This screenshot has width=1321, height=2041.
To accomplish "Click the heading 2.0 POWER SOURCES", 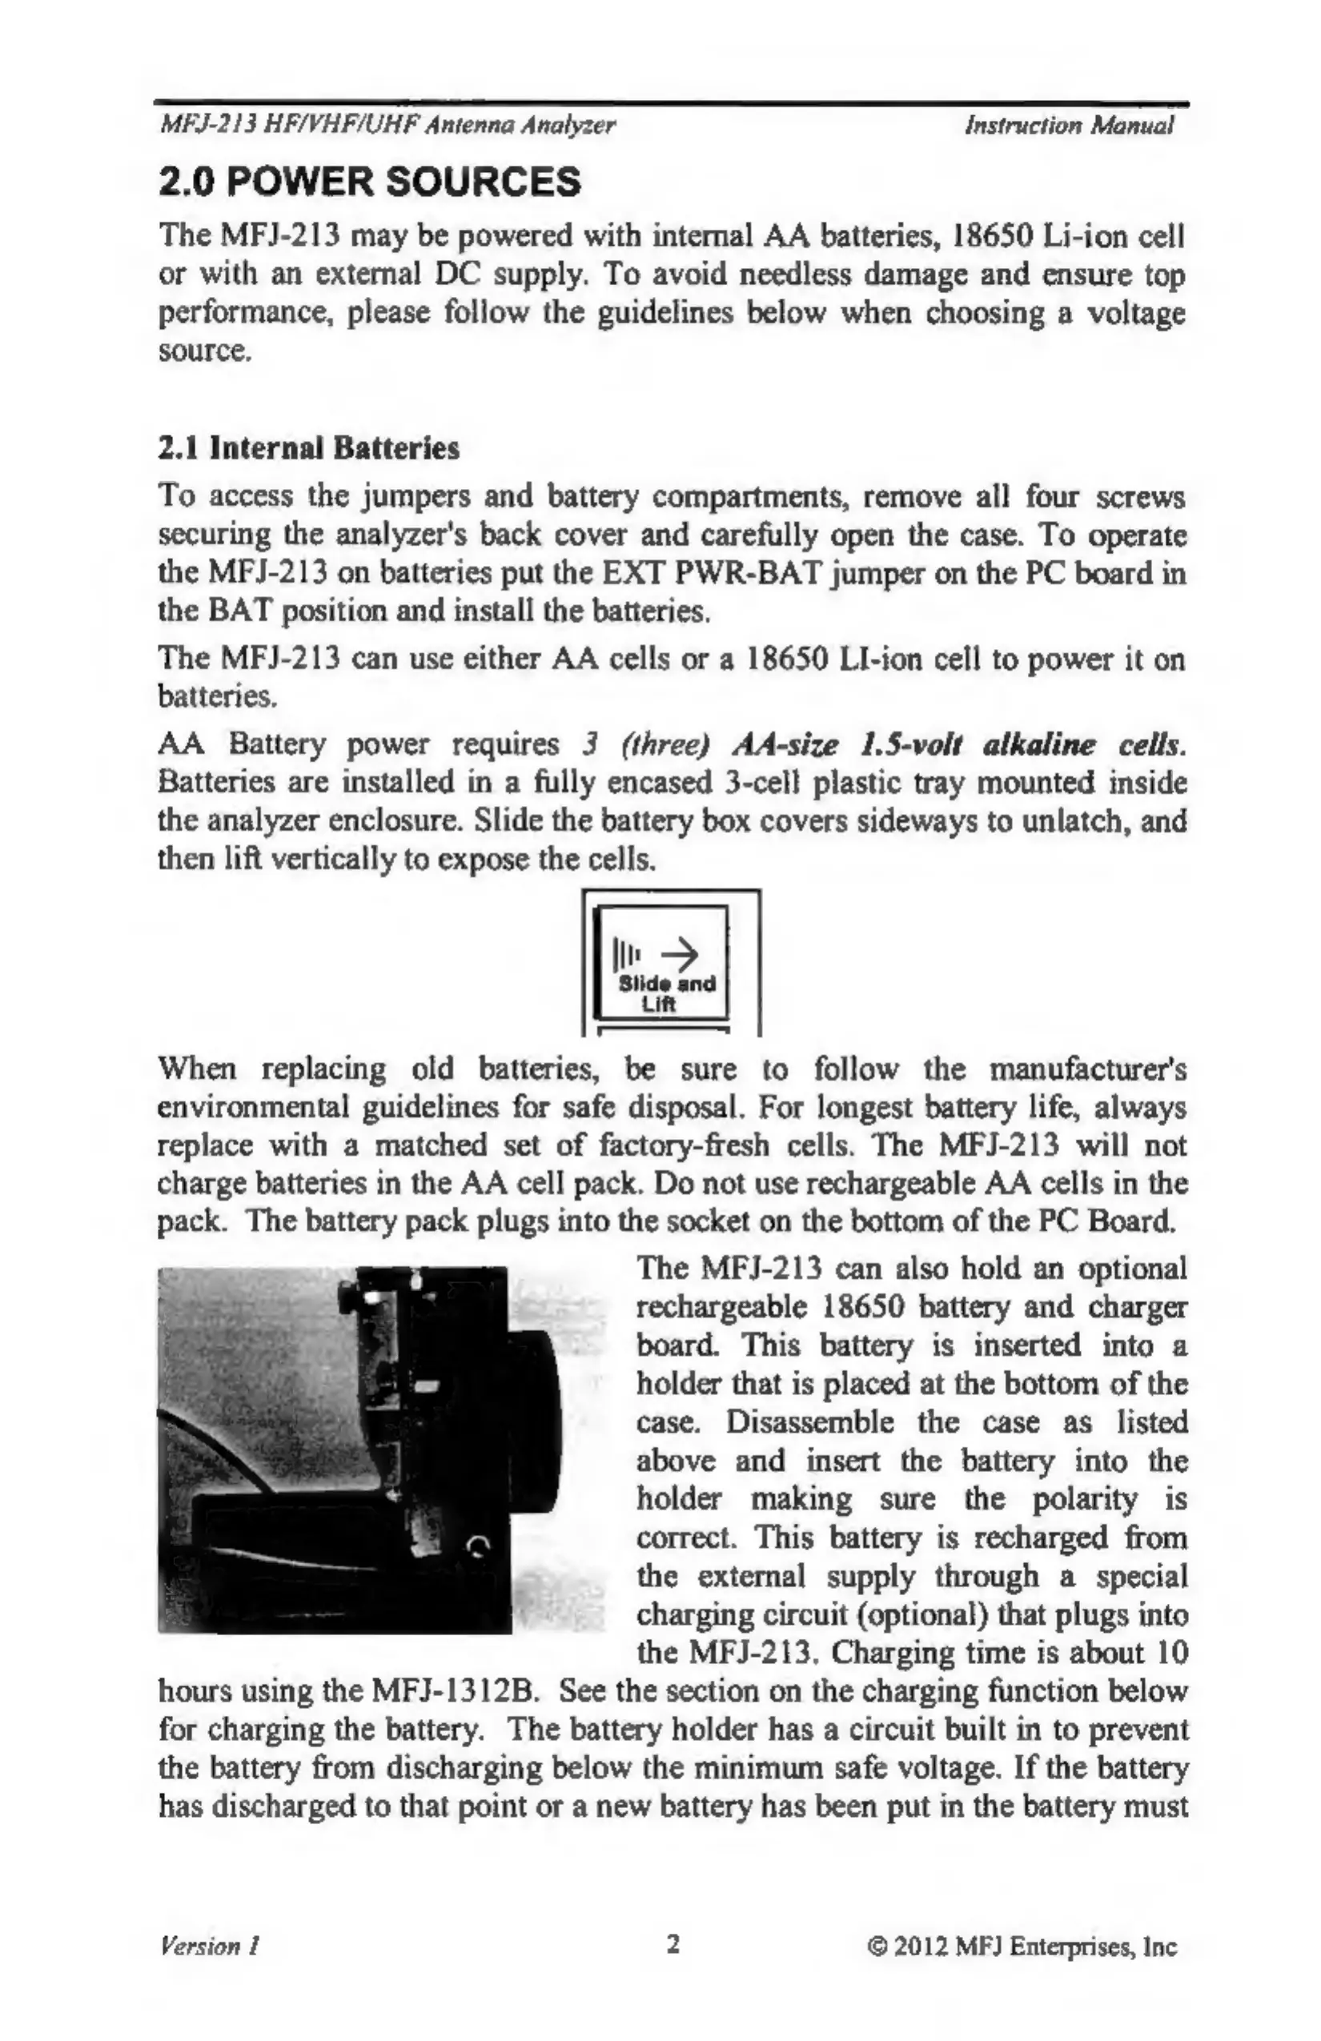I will point(371,182).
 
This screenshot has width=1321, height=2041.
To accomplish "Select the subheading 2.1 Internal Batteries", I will point(310,448).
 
